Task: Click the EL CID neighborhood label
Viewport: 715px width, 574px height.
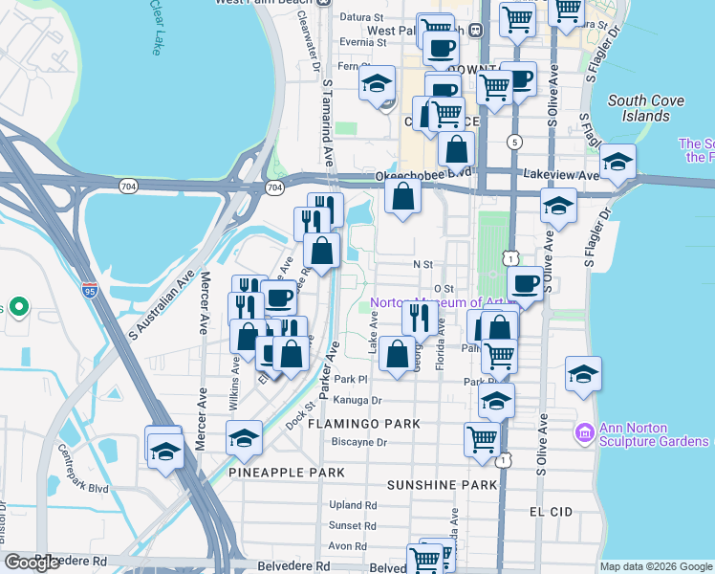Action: point(552,512)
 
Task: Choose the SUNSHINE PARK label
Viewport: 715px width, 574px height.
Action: point(442,485)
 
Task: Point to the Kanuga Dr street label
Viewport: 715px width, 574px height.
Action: point(358,401)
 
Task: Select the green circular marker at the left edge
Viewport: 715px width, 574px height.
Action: point(19,308)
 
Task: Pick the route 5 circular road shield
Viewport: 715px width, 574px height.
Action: point(515,143)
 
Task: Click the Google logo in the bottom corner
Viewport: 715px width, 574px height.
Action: point(32,563)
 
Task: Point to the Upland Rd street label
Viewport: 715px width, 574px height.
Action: point(352,504)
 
